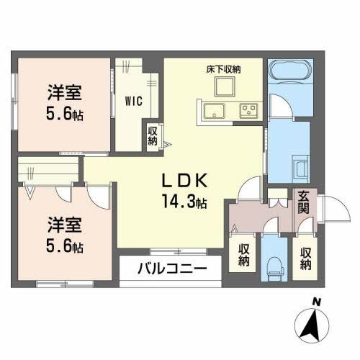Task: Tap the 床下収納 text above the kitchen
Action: coord(225,69)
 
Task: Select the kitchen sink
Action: coord(214,112)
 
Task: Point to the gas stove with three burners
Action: coord(249,112)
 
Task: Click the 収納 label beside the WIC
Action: coord(153,135)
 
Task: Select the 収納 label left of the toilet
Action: coord(244,256)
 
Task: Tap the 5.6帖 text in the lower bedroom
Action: coord(63,246)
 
